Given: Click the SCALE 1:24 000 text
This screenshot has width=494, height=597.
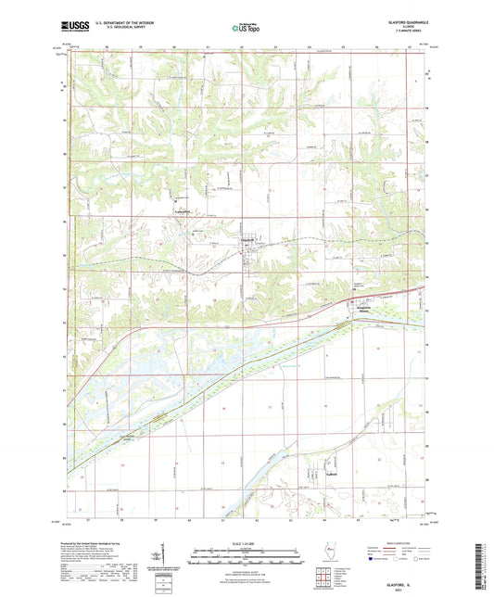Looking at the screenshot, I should point(246,542).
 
